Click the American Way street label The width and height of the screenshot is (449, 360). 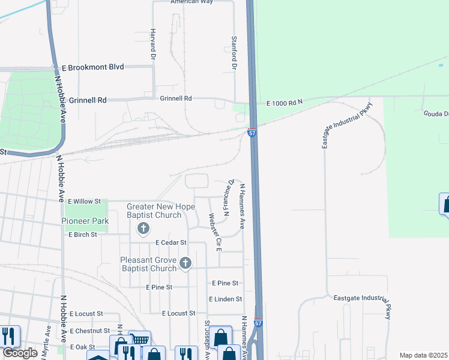click(193, 2)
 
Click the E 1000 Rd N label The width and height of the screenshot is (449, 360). click(285, 103)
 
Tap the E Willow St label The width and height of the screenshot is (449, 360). click(85, 202)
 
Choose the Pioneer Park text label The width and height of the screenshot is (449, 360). click(85, 221)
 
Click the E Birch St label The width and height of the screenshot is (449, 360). click(83, 235)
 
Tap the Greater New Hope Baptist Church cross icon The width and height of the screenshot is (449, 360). click(143, 228)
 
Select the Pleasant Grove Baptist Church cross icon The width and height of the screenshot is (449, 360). click(186, 263)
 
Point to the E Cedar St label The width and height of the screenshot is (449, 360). click(171, 242)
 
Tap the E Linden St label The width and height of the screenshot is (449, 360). click(225, 299)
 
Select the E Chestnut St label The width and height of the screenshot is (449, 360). click(89, 331)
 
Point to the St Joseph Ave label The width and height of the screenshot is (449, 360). click(206, 340)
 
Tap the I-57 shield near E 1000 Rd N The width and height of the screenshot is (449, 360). click(252, 133)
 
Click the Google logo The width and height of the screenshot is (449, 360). click(19, 353)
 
